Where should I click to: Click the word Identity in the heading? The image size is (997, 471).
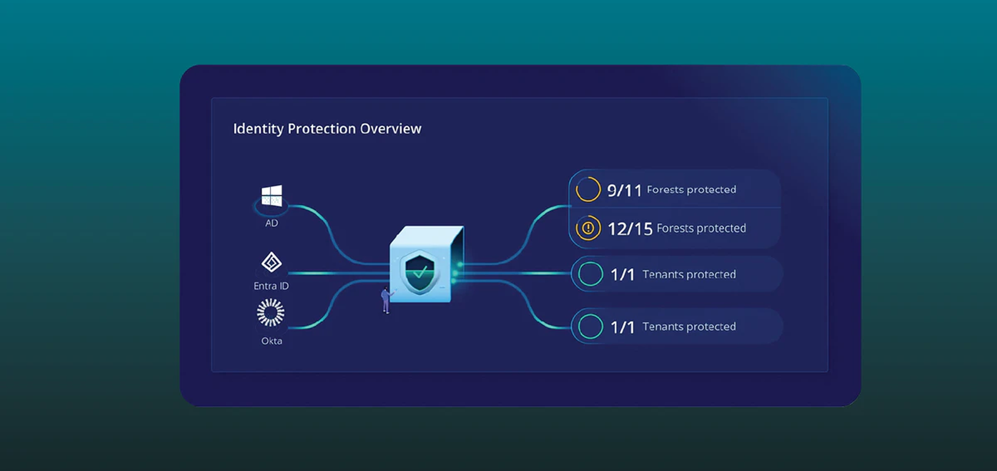click(x=258, y=129)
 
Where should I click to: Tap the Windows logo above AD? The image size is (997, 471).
click(x=272, y=195)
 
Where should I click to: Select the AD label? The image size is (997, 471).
click(x=272, y=223)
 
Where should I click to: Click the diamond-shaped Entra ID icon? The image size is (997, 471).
click(x=271, y=262)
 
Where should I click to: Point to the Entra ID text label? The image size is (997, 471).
click(x=271, y=286)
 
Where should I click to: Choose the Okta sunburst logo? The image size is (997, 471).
click(x=271, y=312)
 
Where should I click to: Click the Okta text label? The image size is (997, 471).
click(x=272, y=341)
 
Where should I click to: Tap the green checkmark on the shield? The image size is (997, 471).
click(x=420, y=272)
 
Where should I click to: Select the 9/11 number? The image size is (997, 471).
click(x=624, y=191)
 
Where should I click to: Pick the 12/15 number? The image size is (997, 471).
click(x=630, y=229)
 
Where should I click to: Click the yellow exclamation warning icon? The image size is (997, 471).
click(x=588, y=228)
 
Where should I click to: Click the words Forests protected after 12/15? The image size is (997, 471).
click(x=701, y=228)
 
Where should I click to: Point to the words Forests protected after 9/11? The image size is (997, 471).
click(x=692, y=190)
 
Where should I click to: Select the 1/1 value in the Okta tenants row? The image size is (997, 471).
click(x=622, y=327)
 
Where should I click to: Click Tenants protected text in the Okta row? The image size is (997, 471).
click(x=689, y=327)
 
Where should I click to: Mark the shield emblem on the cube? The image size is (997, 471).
click(x=420, y=273)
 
